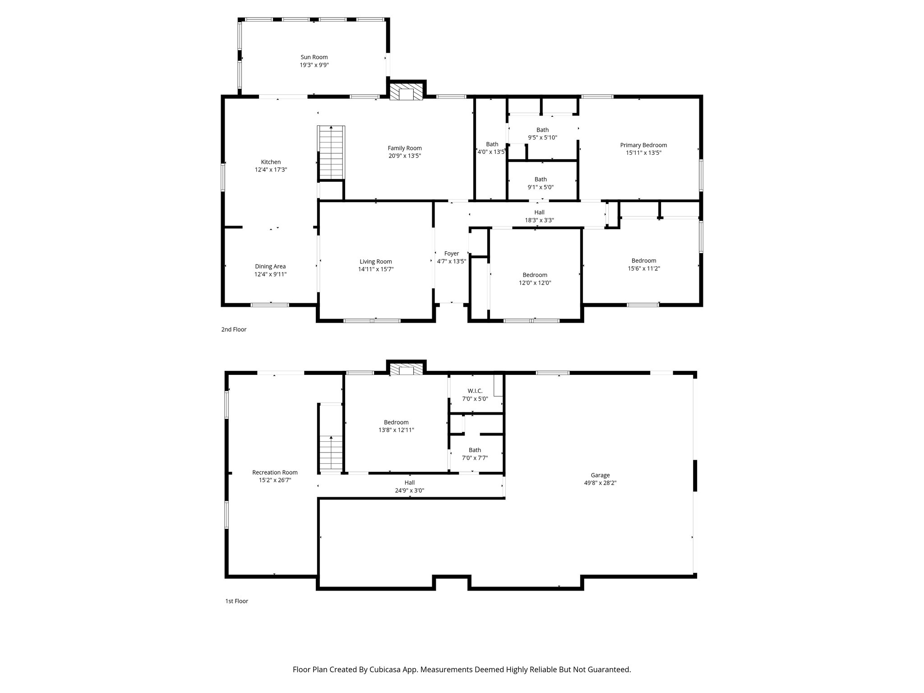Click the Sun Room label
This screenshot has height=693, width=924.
coord(314,57)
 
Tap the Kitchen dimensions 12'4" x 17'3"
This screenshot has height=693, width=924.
coord(271,170)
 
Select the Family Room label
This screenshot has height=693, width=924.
coord(405,148)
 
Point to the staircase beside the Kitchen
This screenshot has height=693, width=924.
coord(332,152)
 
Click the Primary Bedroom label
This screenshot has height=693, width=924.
coord(643,145)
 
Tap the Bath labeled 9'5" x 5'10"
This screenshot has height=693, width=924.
coord(542,130)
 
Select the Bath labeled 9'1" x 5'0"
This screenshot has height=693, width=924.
coord(541,180)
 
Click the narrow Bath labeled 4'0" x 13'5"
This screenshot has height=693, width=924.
coord(492,144)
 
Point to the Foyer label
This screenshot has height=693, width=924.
coord(451,254)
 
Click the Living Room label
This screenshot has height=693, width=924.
coord(375,262)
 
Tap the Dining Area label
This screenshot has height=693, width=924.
coord(270,267)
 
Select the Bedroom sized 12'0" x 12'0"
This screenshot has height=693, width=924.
coord(535,275)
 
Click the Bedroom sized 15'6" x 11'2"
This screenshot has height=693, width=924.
coord(643,261)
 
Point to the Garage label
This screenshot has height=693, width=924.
coord(600,475)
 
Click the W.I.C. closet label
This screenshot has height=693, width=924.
coord(475,391)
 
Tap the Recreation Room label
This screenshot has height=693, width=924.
coord(275,472)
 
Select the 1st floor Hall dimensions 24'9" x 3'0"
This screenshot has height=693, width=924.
coord(410,490)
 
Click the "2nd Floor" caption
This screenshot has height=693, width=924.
coord(234,329)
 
